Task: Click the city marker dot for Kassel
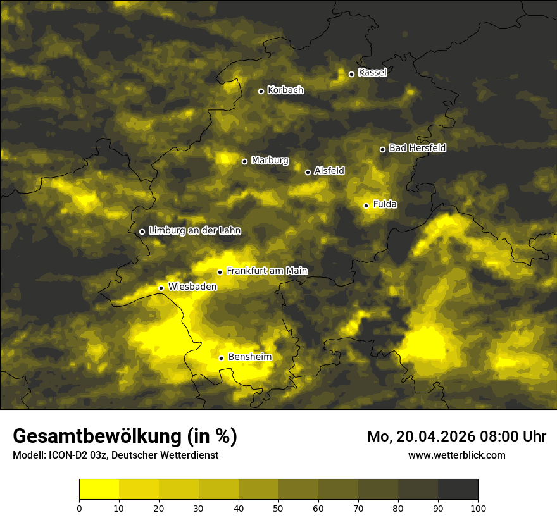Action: pyautogui.click(x=351, y=74)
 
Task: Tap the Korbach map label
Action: pyautogui.click(x=285, y=90)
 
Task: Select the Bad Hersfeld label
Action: pyautogui.click(x=417, y=148)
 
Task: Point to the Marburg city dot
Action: pyautogui.click(x=245, y=161)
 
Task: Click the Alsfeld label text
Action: pyautogui.click(x=329, y=171)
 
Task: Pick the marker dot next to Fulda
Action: pyautogui.click(x=366, y=206)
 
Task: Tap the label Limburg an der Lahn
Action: pyautogui.click(x=194, y=231)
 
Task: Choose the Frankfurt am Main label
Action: pyautogui.click(x=266, y=271)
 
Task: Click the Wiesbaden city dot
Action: pyautogui.click(x=161, y=288)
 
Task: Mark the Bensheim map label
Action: pyautogui.click(x=249, y=357)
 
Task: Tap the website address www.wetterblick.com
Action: pyautogui.click(x=456, y=455)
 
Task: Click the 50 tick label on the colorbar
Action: pyautogui.click(x=278, y=508)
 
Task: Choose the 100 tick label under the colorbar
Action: pyautogui.click(x=478, y=508)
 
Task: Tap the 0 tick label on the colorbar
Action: pyautogui.click(x=79, y=508)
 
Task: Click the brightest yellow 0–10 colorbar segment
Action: pyautogui.click(x=99, y=490)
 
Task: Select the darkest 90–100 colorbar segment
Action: pyautogui.click(x=458, y=490)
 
